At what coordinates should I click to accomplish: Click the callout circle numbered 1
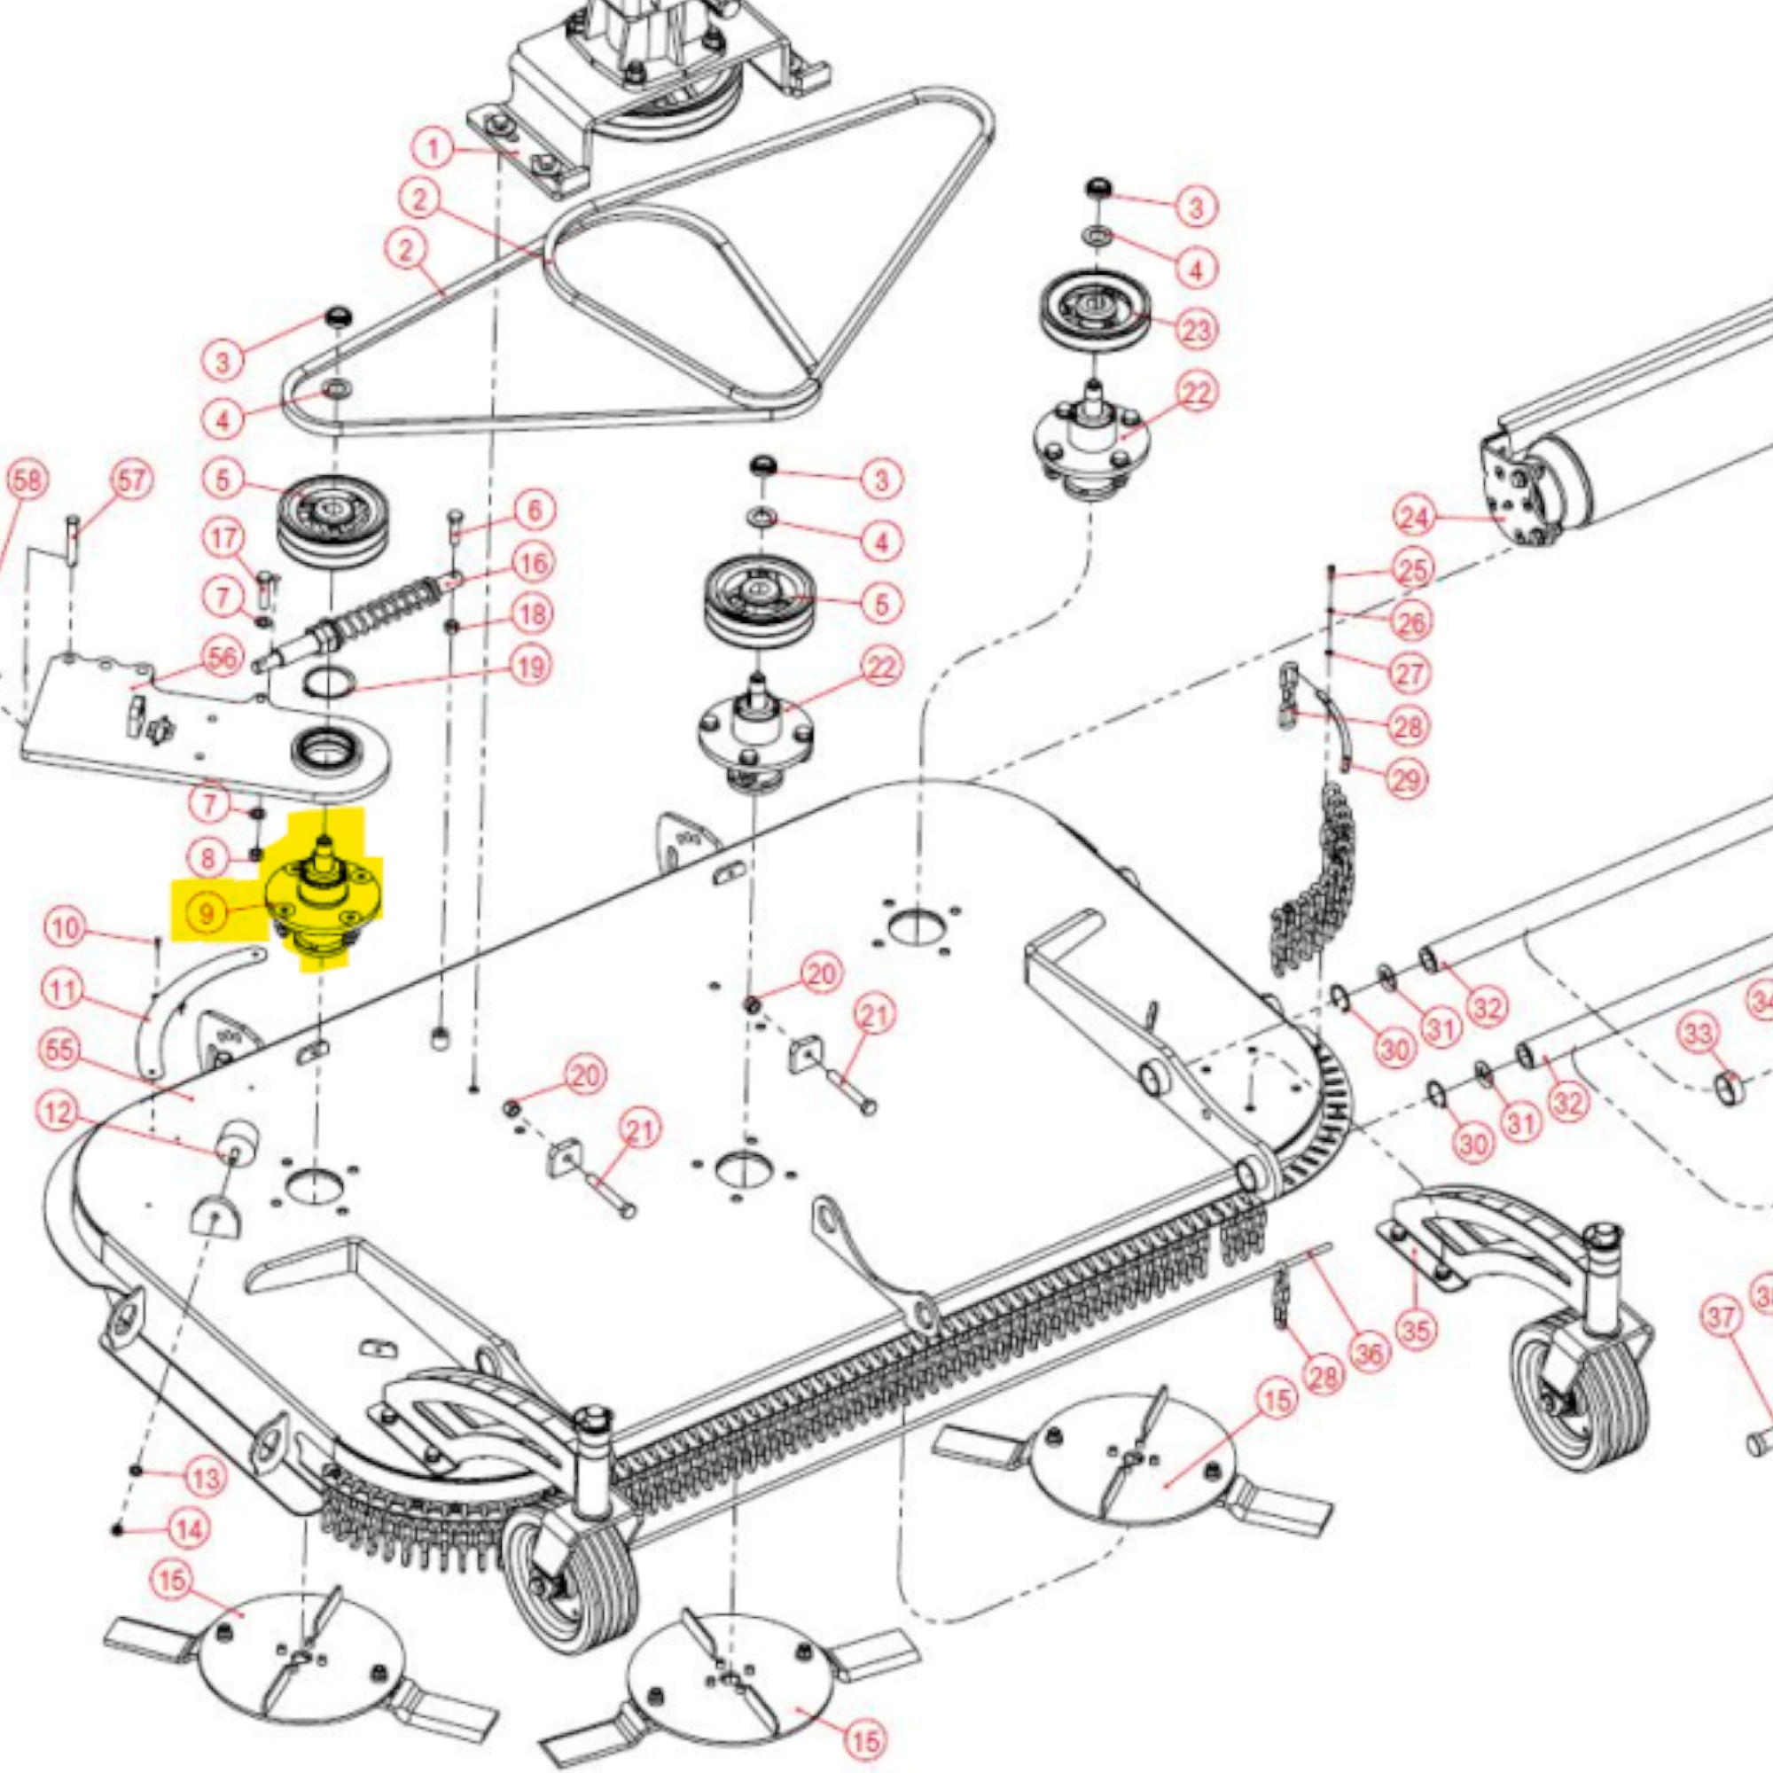(x=434, y=148)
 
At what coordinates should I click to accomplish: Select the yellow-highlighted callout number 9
(x=206, y=913)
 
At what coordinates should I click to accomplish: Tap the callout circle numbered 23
(x=1196, y=330)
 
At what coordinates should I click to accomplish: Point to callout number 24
(x=1414, y=518)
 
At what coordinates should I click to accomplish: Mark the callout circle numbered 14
(x=190, y=1530)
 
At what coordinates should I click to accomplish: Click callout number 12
(x=58, y=1113)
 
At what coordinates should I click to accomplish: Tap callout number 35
(x=1415, y=1328)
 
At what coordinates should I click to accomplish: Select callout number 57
(x=131, y=480)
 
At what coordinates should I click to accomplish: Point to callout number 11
(x=63, y=991)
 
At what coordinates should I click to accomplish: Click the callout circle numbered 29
(x=1406, y=779)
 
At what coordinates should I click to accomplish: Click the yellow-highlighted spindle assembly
(x=321, y=904)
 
